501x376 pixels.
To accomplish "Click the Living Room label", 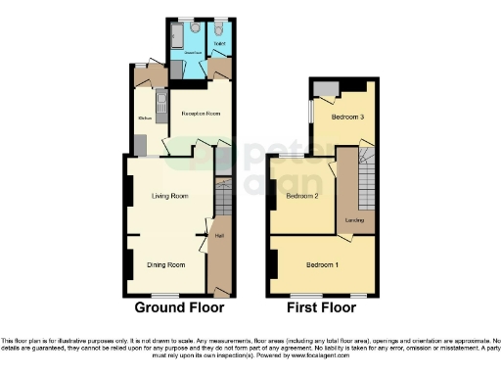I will [168, 197].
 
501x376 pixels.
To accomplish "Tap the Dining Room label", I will [166, 265].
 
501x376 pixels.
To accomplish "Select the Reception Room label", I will [199, 115].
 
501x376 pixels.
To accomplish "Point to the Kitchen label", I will [143, 118].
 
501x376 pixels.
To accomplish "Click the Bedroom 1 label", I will [323, 265].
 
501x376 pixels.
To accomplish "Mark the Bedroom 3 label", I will [346, 117].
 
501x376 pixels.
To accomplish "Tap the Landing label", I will [354, 221].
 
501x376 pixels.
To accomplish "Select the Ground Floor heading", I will [179, 307].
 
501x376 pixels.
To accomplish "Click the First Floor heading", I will [323, 307].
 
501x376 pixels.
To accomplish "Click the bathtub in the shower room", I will [176, 37].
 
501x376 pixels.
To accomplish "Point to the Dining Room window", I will [165, 296].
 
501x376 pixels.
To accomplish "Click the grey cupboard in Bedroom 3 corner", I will [324, 89].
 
